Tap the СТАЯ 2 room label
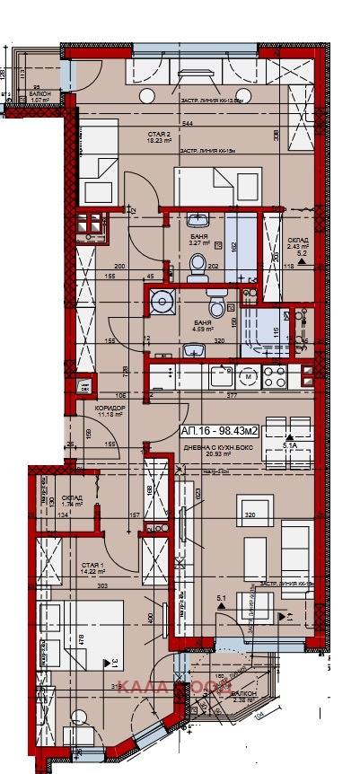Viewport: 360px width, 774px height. (x=161, y=137)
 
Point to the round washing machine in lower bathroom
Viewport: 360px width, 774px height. (x=162, y=302)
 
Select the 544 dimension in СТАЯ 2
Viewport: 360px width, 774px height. (x=187, y=123)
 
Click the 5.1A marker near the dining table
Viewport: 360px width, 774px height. (x=290, y=444)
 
